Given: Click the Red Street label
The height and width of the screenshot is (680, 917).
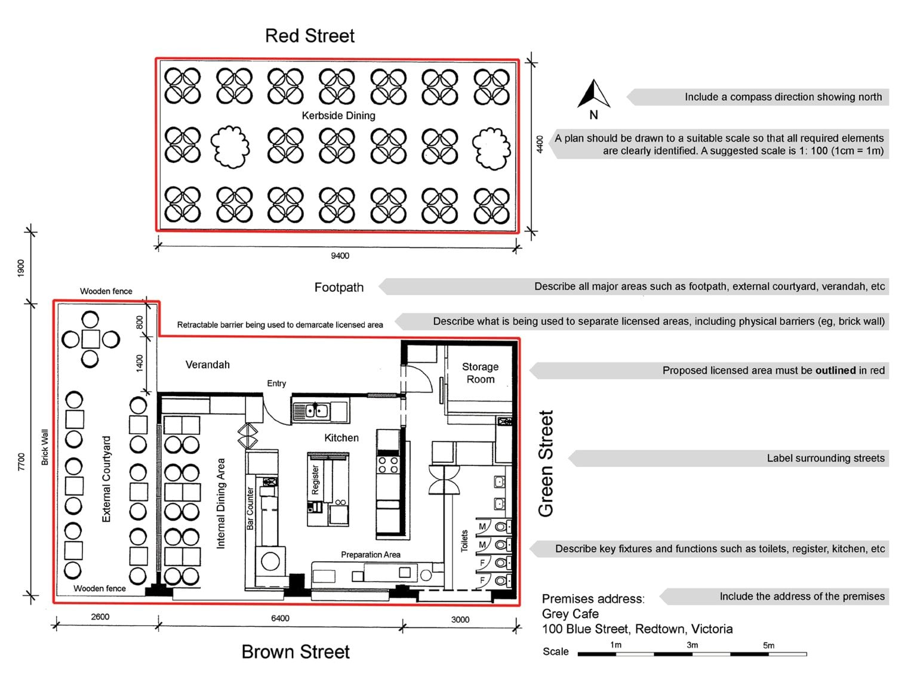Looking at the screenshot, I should (x=309, y=36).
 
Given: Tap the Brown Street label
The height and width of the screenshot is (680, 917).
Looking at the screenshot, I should (x=296, y=652).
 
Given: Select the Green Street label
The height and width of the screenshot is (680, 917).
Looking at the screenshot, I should (x=546, y=463).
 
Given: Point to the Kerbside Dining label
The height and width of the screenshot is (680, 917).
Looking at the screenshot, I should (x=339, y=116).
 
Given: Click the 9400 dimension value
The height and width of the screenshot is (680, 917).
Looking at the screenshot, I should (x=340, y=256).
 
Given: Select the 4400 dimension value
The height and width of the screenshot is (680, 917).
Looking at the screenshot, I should (x=540, y=145).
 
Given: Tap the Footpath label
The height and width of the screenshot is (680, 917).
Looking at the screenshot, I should (x=339, y=288).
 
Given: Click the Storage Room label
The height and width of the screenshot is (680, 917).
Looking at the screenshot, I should (x=481, y=373).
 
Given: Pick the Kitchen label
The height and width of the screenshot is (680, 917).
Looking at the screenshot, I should (x=341, y=438).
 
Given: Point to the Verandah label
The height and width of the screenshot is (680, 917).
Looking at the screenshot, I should (x=207, y=364).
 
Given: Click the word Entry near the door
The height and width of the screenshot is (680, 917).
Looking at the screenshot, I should (x=276, y=384).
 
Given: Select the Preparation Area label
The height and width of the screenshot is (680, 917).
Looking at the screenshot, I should (x=370, y=555).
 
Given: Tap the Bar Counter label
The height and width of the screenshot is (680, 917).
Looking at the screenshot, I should (x=250, y=508).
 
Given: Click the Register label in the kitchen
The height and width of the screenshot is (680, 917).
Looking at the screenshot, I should (x=316, y=480).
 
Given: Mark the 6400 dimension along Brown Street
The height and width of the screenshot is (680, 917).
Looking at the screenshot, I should (x=280, y=619).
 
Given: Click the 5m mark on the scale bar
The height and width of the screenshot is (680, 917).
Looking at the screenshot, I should (x=768, y=645).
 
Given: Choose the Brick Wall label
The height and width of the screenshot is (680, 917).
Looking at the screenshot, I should (x=45, y=447).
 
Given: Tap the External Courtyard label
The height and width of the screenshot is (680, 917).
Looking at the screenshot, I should (x=107, y=479).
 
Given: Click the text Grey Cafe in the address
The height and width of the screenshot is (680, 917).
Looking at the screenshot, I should (x=570, y=614).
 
